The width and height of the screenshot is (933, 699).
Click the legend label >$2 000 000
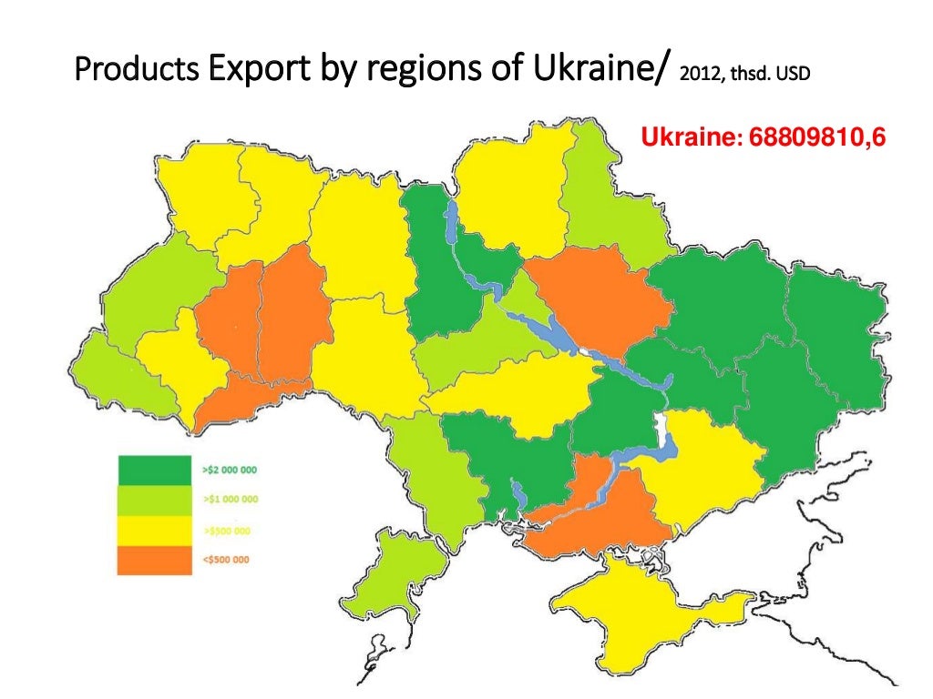pos(229,471)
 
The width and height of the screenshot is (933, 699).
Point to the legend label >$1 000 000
pos(229,500)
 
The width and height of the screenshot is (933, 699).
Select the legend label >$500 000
pos(226,530)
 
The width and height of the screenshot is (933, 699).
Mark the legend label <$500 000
pos(226,559)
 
